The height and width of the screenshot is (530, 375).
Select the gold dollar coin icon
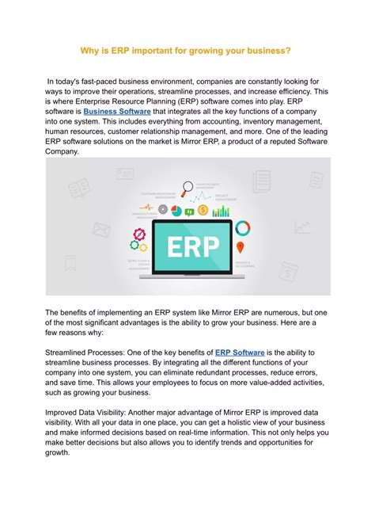point(203,211)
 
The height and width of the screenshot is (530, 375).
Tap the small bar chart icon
point(221,212)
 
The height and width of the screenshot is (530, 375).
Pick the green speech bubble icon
point(189,212)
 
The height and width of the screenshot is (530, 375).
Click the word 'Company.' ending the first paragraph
point(62,151)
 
